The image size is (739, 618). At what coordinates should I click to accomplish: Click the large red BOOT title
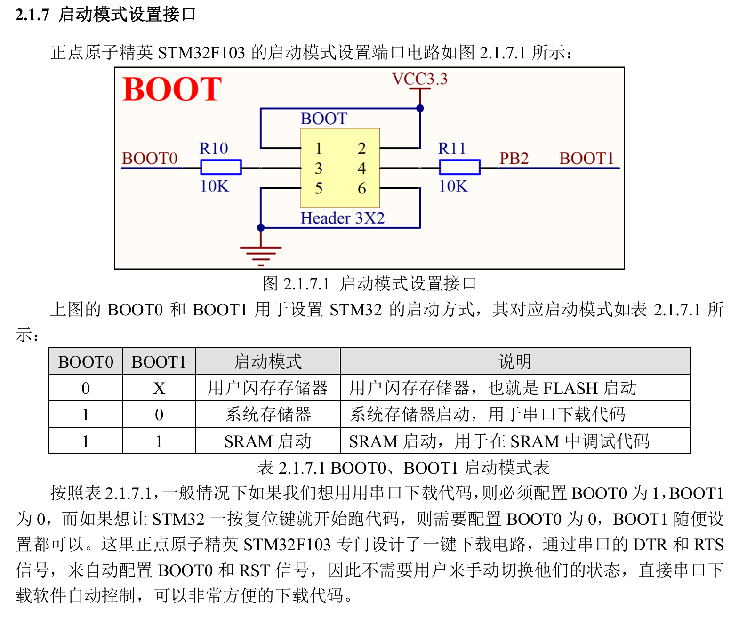[172, 89]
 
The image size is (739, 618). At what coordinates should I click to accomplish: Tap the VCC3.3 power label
[419, 79]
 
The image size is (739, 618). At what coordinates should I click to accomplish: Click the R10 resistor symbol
[221, 167]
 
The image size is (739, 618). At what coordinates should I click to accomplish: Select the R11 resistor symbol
[459, 167]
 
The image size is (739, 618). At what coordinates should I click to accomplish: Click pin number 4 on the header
[361, 168]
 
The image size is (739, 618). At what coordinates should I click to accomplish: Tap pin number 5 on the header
[319, 188]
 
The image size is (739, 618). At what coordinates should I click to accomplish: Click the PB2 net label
[514, 158]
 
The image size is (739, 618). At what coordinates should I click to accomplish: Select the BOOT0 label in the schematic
[150, 158]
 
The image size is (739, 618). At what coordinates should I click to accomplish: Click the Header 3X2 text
[343, 218]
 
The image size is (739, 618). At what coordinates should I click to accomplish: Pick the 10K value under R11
[453, 186]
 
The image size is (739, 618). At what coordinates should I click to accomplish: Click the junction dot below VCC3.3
[420, 108]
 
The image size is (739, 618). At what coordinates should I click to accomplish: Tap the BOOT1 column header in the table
[159, 362]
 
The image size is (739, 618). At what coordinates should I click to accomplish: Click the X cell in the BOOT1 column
[159, 388]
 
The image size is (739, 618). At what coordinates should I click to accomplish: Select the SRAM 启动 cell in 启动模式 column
[267, 441]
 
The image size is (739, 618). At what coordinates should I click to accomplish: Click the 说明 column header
[514, 362]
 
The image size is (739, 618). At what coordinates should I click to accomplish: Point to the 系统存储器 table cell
[267, 415]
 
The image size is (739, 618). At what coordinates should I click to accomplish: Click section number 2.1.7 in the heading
[32, 15]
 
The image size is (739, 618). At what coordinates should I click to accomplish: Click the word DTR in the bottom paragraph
[650, 545]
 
